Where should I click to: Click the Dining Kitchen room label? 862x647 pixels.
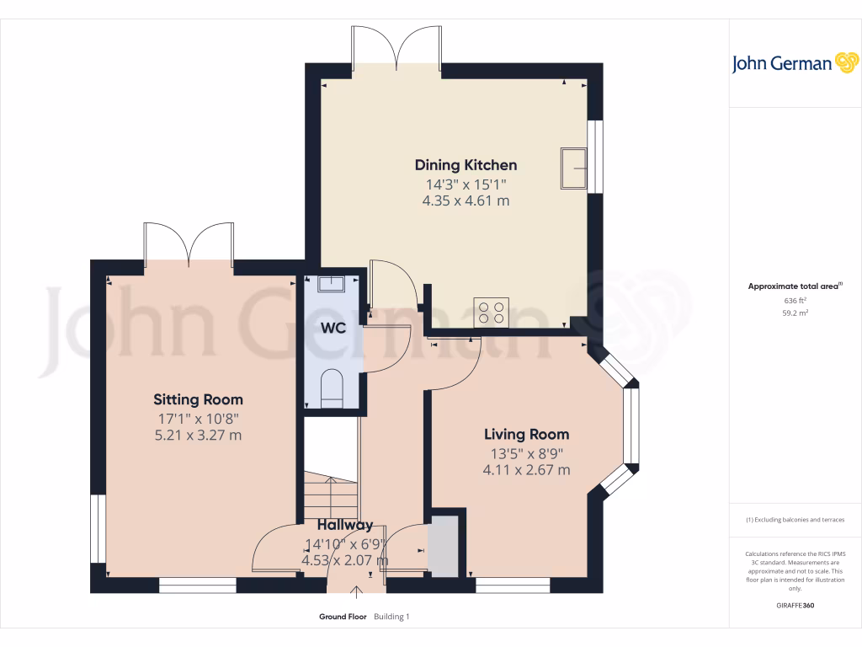[x=466, y=165]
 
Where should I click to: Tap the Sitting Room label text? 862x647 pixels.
[x=198, y=399]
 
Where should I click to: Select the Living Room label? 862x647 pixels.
[x=526, y=435]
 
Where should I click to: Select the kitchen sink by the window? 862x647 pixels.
[x=575, y=168]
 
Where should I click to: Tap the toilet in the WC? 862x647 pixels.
[x=333, y=388]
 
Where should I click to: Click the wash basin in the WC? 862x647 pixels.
[x=333, y=281]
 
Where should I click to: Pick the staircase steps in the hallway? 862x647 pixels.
[x=330, y=497]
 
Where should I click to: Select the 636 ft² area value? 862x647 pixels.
[x=795, y=300]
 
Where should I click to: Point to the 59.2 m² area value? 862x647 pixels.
[x=795, y=313]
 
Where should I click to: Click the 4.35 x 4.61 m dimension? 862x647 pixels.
[x=466, y=201]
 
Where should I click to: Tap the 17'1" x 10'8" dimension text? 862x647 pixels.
[x=198, y=418]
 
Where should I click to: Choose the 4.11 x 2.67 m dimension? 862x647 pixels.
[x=526, y=470]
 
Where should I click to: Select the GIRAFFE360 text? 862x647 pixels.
[x=795, y=606]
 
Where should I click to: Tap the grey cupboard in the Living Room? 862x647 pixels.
[x=444, y=548]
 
